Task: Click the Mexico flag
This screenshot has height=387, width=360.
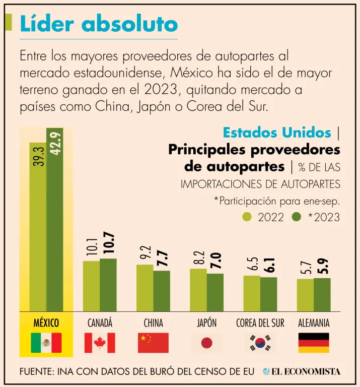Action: [x=46, y=343]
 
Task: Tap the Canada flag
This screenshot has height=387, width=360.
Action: [x=100, y=343]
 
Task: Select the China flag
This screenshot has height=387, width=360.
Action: [x=153, y=343]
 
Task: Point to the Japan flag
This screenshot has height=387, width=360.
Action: [x=206, y=343]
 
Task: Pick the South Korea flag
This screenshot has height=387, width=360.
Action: [x=260, y=343]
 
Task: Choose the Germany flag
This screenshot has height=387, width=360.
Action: [x=314, y=343]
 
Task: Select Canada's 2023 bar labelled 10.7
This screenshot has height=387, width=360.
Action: [x=108, y=285]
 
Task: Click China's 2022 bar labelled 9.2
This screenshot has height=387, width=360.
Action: [x=145, y=288]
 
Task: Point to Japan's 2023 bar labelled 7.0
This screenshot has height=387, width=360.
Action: [x=215, y=292]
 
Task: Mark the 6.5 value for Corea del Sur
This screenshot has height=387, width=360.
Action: [x=252, y=264]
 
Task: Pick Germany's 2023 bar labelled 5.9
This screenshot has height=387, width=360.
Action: [x=322, y=294]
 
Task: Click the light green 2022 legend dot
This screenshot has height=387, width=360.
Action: [x=247, y=217]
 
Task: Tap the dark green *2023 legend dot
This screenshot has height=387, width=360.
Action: [x=297, y=217]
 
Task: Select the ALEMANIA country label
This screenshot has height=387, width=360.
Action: [x=314, y=323]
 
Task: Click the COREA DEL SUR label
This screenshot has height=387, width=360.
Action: [x=260, y=323]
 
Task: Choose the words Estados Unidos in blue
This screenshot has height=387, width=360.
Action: [x=277, y=133]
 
